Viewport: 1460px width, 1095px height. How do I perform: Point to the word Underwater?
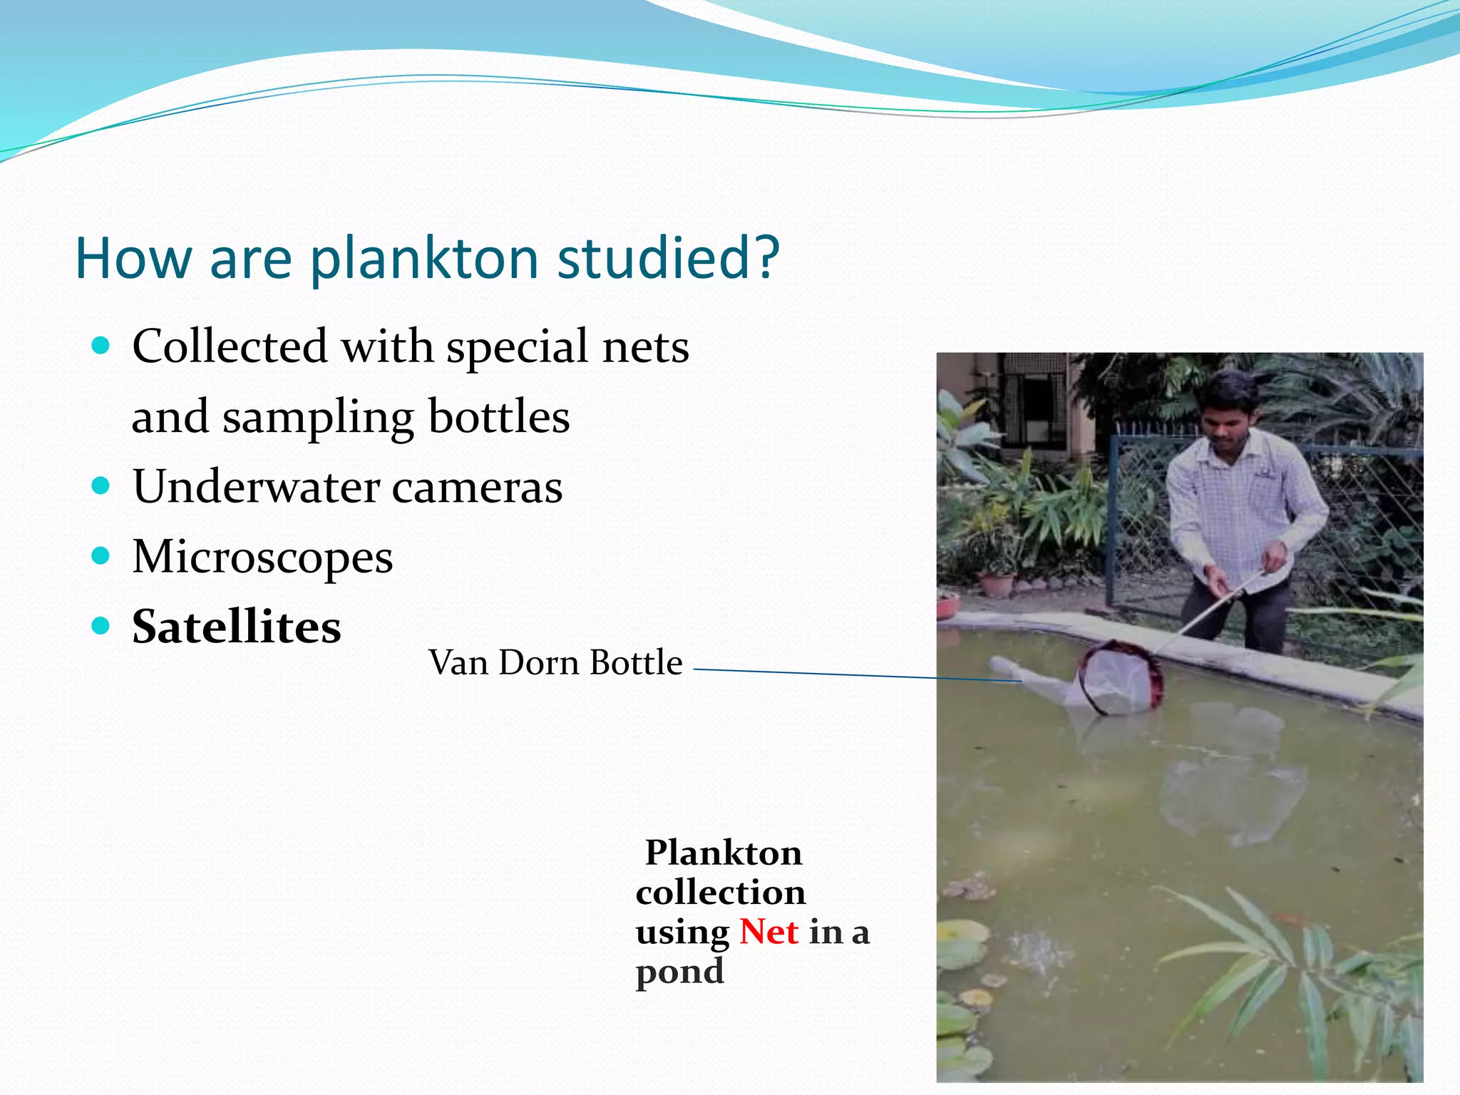pyautogui.click(x=256, y=487)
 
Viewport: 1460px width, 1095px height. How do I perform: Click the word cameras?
pyautogui.click(x=477, y=488)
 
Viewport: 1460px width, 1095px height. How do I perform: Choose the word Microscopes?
pyautogui.click(x=262, y=557)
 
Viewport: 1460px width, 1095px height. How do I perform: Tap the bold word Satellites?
pyautogui.click(x=236, y=627)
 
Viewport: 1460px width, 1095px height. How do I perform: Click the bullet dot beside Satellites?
pyautogui.click(x=101, y=626)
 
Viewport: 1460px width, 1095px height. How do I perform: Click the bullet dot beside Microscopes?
pyautogui.click(x=101, y=555)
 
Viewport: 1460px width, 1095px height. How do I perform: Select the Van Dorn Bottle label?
pyautogui.click(x=555, y=663)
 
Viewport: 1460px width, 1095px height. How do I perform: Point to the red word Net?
pyautogui.click(x=768, y=932)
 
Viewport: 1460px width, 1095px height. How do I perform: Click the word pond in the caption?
pyautogui.click(x=679, y=971)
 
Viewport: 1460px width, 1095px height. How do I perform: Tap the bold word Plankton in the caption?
pyautogui.click(x=724, y=853)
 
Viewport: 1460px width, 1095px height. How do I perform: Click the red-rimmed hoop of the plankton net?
pyautogui.click(x=1121, y=677)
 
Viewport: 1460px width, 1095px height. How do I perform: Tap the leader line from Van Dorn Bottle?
pyautogui.click(x=820, y=673)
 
